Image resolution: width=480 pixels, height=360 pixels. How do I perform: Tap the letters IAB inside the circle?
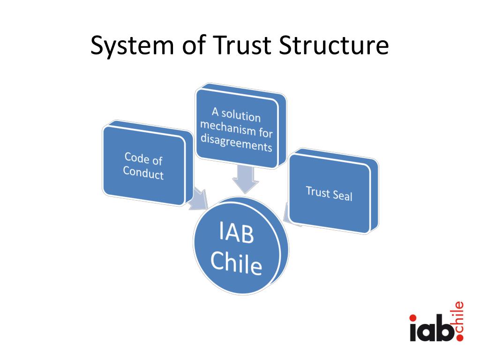point(236,233)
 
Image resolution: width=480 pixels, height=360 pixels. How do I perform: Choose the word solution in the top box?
point(241,115)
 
